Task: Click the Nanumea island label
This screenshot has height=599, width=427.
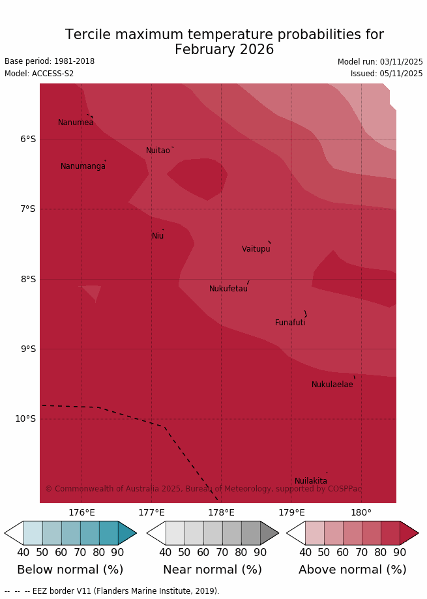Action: coord(76,123)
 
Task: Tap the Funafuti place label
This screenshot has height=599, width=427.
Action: coord(290,323)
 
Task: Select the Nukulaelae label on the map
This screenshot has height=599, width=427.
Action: coord(332,385)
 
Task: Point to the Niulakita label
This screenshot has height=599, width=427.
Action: coord(311,481)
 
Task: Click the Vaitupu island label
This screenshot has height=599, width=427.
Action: coord(256,249)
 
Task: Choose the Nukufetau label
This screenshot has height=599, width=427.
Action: coord(228,289)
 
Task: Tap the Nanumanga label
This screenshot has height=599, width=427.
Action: coord(83,166)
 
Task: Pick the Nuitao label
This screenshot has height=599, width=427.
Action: coord(158,151)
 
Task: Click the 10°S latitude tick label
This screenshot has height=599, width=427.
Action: coord(25,418)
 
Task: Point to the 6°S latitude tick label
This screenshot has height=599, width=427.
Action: coord(28,139)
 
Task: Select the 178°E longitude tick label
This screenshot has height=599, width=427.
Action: coord(221,512)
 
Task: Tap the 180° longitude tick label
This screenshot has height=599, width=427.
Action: coord(361,512)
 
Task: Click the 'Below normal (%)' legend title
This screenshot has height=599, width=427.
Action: coord(70,570)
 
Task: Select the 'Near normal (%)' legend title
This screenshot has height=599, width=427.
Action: coord(213,570)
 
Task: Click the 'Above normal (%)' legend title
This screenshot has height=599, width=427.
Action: coord(352,570)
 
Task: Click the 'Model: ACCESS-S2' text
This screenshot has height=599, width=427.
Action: coord(39,74)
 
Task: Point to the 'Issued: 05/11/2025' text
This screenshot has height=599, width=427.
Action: coord(387,74)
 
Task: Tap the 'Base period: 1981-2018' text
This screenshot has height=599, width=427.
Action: coord(50,61)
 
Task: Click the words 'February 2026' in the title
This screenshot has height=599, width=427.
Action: coord(224,50)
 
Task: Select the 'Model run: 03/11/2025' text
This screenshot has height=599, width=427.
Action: coord(380,62)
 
